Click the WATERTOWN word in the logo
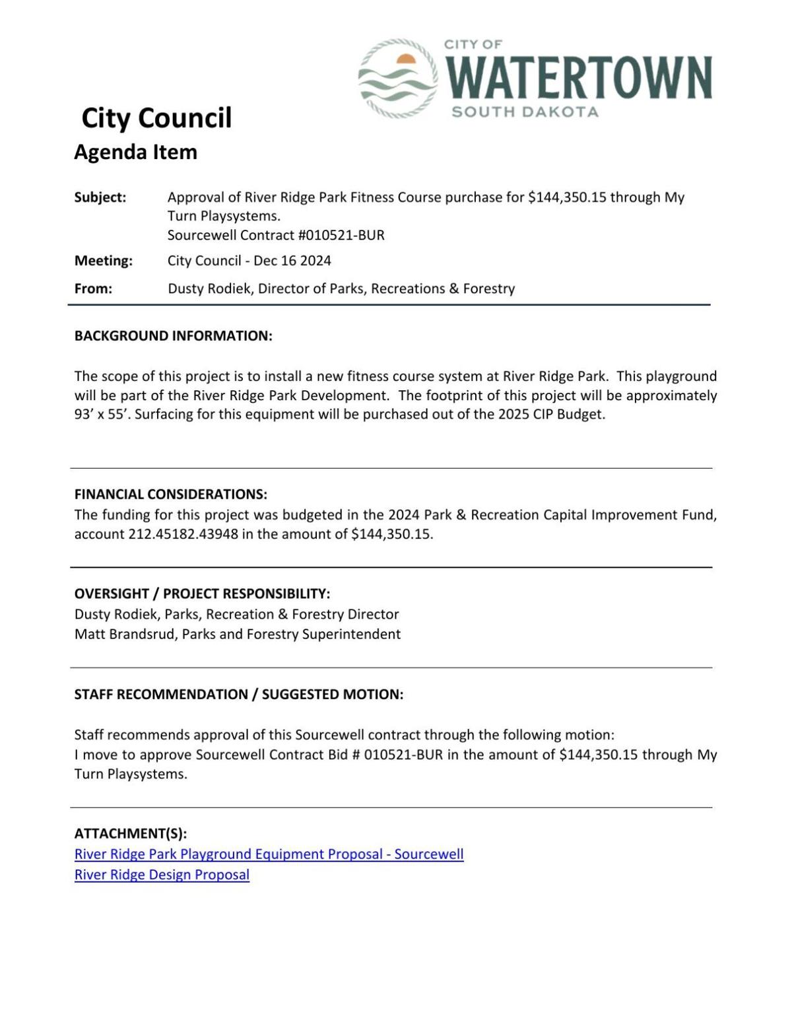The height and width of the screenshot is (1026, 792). click(579, 77)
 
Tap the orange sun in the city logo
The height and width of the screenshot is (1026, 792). click(406, 59)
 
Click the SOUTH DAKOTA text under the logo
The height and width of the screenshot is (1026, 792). click(525, 112)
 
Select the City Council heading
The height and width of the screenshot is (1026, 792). click(156, 118)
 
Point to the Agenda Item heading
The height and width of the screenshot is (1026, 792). click(135, 152)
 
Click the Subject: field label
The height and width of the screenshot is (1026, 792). click(100, 197)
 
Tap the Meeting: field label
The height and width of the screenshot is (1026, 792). click(103, 261)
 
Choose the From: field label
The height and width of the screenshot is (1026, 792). click(93, 289)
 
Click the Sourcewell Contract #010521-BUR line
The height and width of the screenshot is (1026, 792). click(276, 235)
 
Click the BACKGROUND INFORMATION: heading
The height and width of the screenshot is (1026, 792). click(173, 335)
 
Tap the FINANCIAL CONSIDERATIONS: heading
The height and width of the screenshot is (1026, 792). click(170, 494)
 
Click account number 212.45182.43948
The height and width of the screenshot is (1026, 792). click(183, 534)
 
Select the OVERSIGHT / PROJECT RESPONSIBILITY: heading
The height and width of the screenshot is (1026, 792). click(202, 593)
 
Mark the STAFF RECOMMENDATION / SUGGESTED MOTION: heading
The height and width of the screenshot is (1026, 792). click(238, 694)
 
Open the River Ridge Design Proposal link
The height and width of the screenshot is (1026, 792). click(162, 875)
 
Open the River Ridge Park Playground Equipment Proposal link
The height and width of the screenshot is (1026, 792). click(269, 854)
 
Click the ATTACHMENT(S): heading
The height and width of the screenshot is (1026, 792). click(131, 833)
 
